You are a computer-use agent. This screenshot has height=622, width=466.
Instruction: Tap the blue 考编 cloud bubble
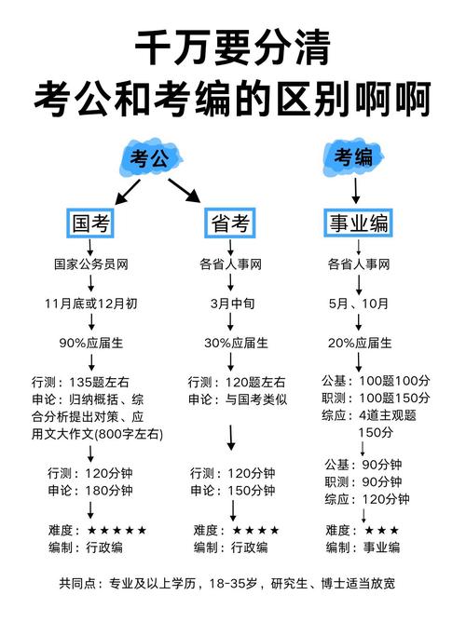click(x=355, y=156)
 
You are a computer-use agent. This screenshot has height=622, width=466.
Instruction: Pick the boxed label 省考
click(x=229, y=223)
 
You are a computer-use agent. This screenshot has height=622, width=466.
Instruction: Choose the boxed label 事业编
click(x=358, y=223)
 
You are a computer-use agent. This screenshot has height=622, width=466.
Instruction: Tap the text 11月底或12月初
click(x=90, y=304)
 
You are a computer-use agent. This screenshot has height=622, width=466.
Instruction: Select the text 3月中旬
click(x=230, y=304)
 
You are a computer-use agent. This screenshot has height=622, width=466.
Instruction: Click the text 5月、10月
click(x=358, y=304)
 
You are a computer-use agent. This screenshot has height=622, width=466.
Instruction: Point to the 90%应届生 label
click(x=90, y=344)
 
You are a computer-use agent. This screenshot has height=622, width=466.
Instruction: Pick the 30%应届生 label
click(x=230, y=344)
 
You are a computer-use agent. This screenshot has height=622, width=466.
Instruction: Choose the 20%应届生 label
click(x=358, y=344)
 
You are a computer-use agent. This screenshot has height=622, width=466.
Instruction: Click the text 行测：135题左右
click(x=86, y=382)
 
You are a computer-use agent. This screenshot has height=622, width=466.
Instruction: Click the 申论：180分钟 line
click(x=89, y=490)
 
